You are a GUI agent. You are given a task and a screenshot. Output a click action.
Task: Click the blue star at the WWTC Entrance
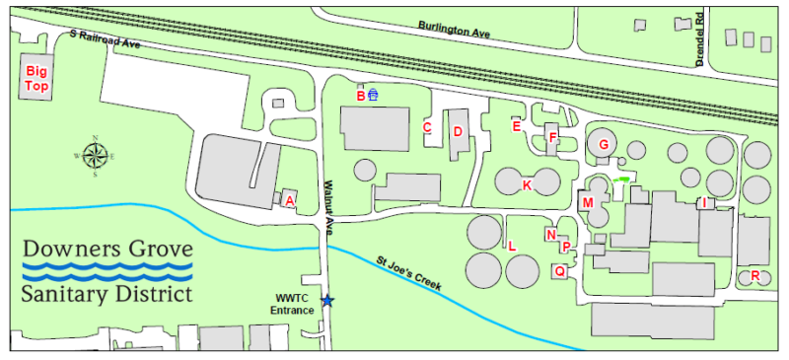[x=327, y=301]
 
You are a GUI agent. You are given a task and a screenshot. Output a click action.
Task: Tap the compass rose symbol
[x=95, y=156]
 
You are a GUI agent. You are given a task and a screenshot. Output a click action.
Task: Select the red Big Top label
[x=36, y=79]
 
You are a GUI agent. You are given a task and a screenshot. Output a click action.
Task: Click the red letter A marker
[x=289, y=200]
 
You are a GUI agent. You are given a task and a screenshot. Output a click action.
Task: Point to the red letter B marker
[x=361, y=96]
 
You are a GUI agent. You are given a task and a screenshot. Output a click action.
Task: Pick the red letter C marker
[x=427, y=127]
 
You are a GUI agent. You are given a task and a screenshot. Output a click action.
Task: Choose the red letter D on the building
[x=458, y=131]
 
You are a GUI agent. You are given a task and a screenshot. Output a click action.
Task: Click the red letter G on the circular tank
[x=603, y=145]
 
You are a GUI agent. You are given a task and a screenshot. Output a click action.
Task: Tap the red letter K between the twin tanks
[x=527, y=184]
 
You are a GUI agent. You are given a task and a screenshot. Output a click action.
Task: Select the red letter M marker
[x=588, y=203]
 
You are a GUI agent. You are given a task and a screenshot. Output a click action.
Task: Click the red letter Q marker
[x=559, y=270]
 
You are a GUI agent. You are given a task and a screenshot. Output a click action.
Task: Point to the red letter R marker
[x=754, y=276]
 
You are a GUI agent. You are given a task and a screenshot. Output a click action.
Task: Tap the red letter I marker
[x=704, y=202]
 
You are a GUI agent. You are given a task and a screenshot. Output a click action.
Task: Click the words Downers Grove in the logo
[x=108, y=248]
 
